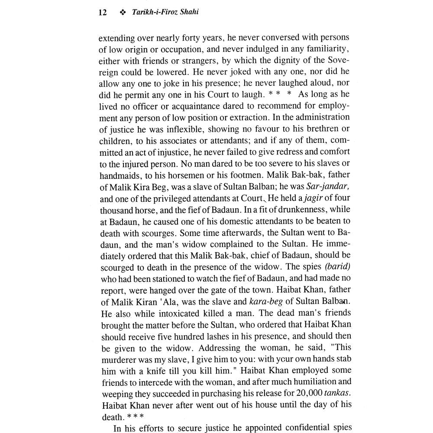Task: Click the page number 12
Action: [103, 13]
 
